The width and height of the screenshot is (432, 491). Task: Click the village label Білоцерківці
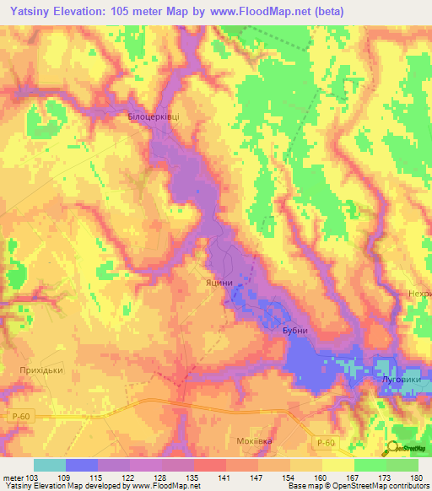pos(154,116)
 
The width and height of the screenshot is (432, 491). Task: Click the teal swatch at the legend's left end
pos(50,465)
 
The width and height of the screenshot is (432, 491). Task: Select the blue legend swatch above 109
pos(82,465)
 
